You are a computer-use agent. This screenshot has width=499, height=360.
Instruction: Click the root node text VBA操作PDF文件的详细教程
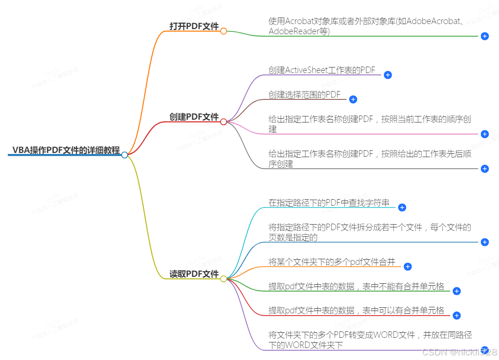(x=66, y=150)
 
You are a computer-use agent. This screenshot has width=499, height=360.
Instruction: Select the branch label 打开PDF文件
(x=194, y=26)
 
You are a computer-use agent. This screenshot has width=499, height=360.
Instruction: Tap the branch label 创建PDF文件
(x=194, y=117)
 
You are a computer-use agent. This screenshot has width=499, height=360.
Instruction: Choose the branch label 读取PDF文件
(x=194, y=274)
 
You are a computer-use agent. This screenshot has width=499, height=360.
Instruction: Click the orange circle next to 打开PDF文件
(x=223, y=31)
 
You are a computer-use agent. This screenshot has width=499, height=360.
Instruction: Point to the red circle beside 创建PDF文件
(x=223, y=122)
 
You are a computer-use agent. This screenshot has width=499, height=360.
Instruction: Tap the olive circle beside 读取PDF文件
(x=223, y=279)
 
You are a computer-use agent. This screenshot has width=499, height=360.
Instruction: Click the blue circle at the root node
(x=124, y=155)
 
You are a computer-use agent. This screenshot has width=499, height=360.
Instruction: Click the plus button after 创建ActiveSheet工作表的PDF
(x=388, y=75)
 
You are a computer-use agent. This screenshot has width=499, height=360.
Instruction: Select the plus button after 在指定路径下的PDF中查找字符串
(x=402, y=207)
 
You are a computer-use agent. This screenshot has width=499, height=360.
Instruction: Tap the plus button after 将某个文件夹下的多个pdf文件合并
(x=407, y=267)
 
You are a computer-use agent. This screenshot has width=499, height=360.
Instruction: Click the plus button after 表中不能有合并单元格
(x=456, y=291)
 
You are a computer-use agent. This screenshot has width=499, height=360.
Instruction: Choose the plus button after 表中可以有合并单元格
(x=456, y=316)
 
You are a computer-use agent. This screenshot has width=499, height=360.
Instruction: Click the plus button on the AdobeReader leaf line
(x=485, y=36)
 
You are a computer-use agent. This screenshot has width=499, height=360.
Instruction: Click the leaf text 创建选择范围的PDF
(x=304, y=94)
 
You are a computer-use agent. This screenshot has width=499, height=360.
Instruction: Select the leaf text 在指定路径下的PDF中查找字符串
(x=329, y=202)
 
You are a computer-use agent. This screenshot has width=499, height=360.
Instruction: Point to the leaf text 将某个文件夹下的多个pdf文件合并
(x=332, y=262)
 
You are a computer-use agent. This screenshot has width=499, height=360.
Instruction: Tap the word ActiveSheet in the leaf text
(x=307, y=70)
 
